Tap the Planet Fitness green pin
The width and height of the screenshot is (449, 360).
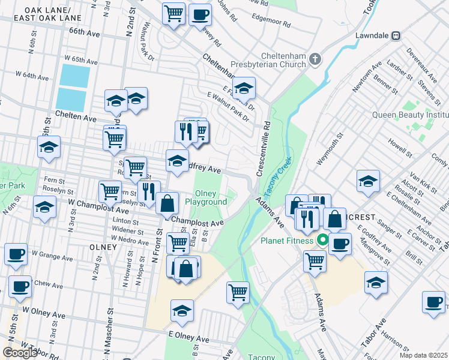coord(322,241)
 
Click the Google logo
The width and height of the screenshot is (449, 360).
coord(20,352)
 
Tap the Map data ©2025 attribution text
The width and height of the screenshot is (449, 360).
coord(424,355)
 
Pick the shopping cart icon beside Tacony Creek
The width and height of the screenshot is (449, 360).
coord(238,292)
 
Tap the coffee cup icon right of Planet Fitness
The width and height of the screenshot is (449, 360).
coord(340,244)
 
